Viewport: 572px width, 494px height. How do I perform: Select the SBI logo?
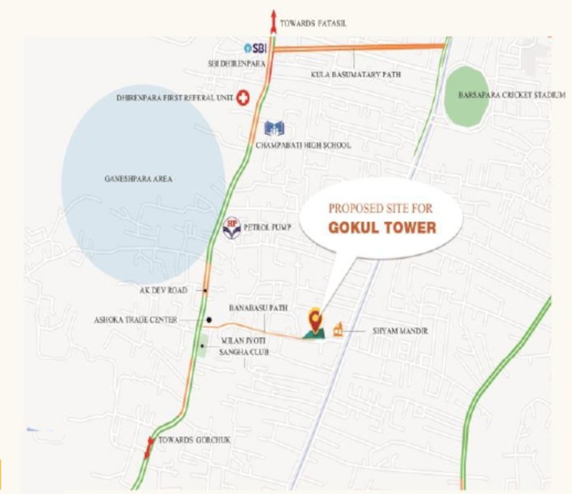click(x=255, y=48)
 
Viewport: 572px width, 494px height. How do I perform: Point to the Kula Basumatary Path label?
click(x=356, y=75)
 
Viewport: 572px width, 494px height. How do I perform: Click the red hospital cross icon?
click(x=243, y=98)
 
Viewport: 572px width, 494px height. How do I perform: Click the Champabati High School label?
click(x=303, y=145)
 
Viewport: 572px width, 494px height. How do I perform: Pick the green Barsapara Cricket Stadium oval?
click(x=466, y=96)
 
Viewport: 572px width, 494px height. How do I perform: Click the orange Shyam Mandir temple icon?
click(x=337, y=331)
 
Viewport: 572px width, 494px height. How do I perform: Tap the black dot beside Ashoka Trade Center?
click(x=209, y=320)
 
